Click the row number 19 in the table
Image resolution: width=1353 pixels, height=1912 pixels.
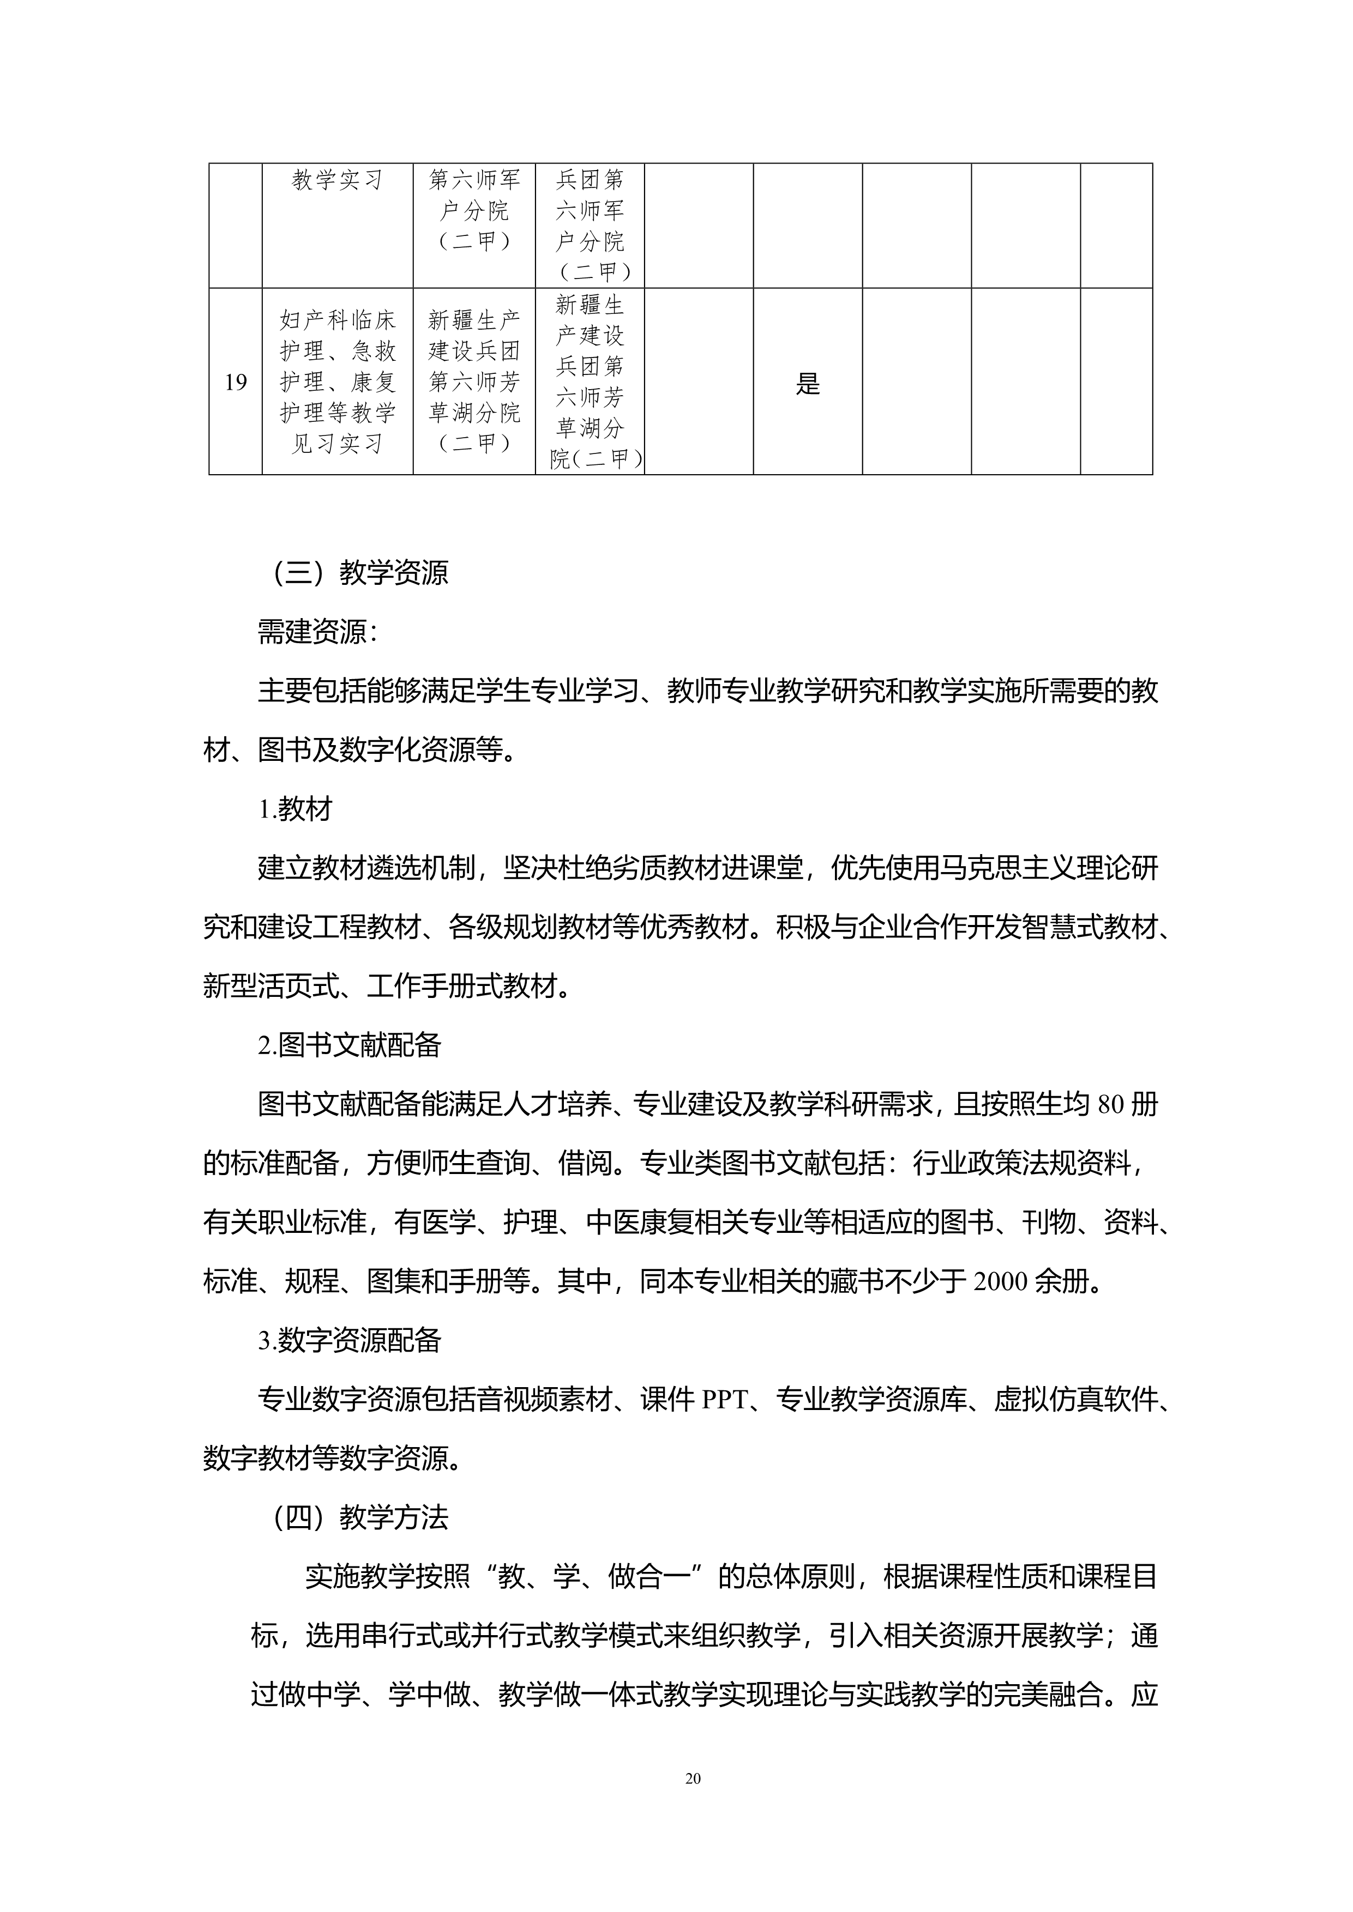[x=236, y=382]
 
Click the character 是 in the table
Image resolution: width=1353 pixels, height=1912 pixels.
[x=807, y=384]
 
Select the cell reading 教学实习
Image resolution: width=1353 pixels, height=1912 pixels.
[x=338, y=180]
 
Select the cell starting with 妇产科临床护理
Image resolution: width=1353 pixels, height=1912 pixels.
[x=338, y=382]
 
